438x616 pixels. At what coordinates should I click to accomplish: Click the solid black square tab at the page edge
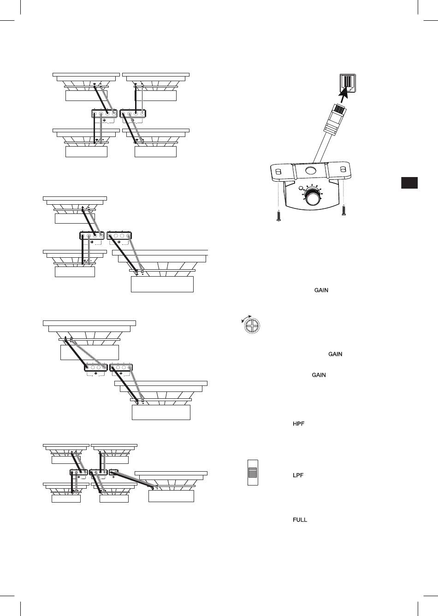pyautogui.click(x=409, y=183)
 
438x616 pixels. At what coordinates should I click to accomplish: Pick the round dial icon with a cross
pyautogui.click(x=252, y=326)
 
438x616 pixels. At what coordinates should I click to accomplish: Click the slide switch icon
pyautogui.click(x=253, y=472)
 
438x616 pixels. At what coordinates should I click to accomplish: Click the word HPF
pyautogui.click(x=299, y=424)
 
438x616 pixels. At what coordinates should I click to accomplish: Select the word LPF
pyautogui.click(x=298, y=475)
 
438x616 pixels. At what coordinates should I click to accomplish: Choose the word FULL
pyautogui.click(x=300, y=520)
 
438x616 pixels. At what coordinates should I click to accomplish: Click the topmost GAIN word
pyautogui.click(x=321, y=290)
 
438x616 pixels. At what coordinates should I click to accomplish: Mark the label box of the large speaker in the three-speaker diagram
pyautogui.click(x=162, y=284)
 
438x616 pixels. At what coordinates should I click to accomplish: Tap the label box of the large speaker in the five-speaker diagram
pyautogui.click(x=171, y=496)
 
